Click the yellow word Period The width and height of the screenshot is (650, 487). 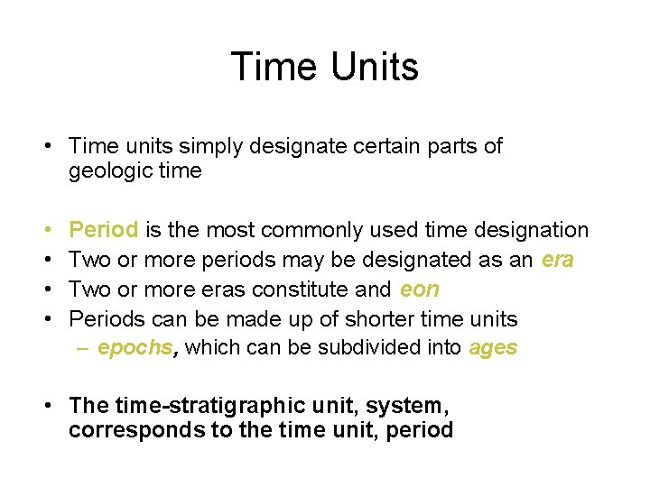click(x=104, y=231)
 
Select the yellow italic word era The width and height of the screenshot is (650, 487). click(x=558, y=260)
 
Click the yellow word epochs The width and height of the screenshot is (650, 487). click(x=135, y=348)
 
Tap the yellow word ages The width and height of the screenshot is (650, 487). click(x=493, y=348)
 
